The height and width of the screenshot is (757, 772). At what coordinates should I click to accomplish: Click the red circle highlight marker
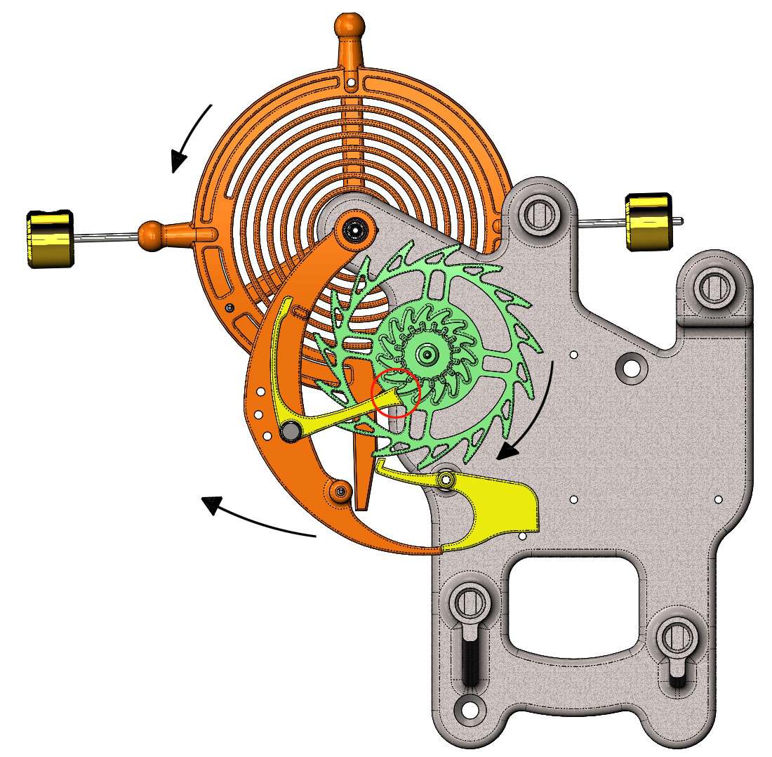(x=396, y=393)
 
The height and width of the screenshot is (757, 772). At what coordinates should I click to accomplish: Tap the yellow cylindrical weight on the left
(x=49, y=238)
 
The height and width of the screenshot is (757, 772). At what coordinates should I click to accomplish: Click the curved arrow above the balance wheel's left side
(x=191, y=137)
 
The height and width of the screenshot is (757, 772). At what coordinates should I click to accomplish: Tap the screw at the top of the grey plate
(x=543, y=210)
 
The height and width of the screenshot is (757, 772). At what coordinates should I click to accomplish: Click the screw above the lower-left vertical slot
(x=468, y=603)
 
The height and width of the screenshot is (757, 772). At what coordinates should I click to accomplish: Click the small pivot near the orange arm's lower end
(x=342, y=492)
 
